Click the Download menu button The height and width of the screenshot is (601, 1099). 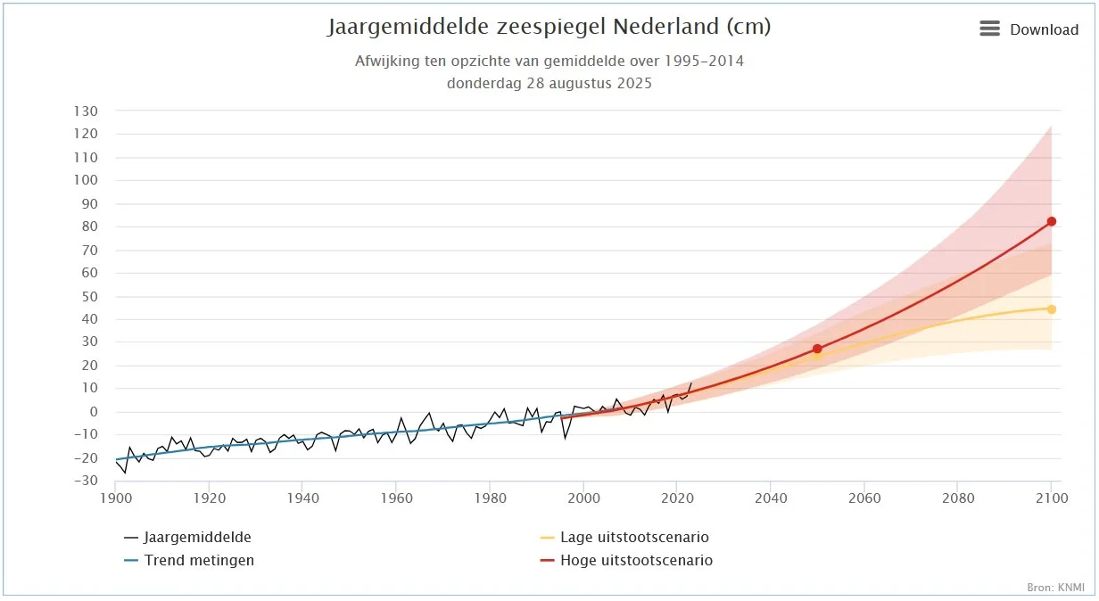(x=1029, y=29)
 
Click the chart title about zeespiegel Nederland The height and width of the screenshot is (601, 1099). (x=549, y=27)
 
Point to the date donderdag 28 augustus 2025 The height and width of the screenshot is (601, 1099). (x=549, y=84)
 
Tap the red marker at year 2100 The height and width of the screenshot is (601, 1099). (x=1052, y=221)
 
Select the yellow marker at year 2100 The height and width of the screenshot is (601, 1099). (x=1052, y=309)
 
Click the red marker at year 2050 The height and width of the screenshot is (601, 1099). (x=817, y=349)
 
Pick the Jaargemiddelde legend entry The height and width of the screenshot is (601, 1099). (x=197, y=538)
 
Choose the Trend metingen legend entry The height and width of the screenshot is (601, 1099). (x=199, y=561)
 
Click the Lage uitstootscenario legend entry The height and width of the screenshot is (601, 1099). (x=634, y=538)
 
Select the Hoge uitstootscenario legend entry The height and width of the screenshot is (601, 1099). (x=636, y=561)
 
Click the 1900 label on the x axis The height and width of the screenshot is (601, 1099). (x=116, y=498)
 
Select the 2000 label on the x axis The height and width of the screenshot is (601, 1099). (x=583, y=498)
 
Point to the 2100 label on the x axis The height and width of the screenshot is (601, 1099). (x=1051, y=498)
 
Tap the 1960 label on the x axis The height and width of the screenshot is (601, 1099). (x=396, y=498)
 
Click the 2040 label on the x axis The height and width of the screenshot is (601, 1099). (x=771, y=498)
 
